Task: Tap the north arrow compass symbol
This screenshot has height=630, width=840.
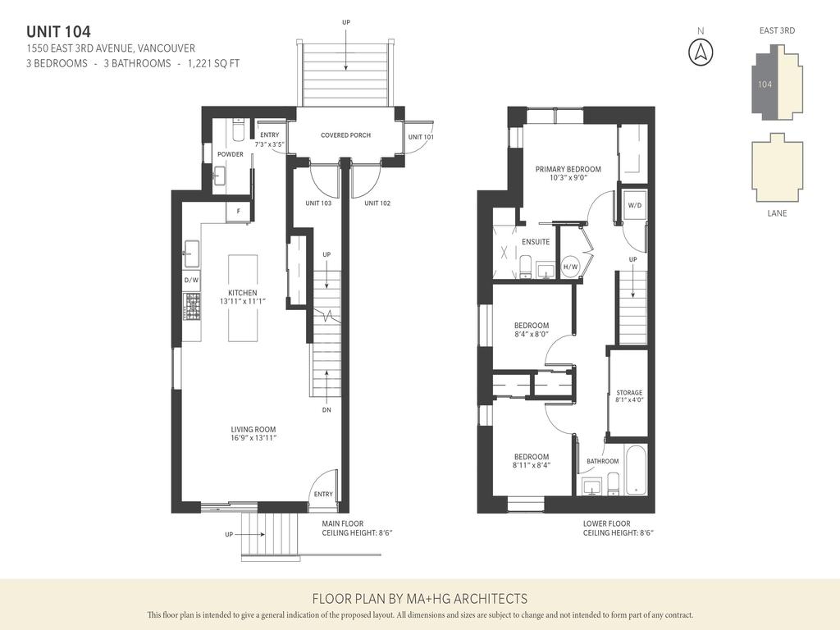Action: [700, 51]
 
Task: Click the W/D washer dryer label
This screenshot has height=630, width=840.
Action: [634, 206]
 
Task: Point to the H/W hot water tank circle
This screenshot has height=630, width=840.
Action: [570, 267]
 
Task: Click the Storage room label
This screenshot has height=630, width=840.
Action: [629, 393]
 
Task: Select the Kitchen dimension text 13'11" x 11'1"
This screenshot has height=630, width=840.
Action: [243, 302]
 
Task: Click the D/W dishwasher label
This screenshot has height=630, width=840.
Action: [191, 281]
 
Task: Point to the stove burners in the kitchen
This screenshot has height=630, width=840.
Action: [191, 308]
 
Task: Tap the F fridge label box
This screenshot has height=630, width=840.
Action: [239, 211]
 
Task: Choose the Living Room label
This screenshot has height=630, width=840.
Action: [253, 429]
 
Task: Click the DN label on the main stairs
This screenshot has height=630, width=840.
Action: [326, 409]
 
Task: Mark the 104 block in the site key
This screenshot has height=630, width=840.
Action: [765, 84]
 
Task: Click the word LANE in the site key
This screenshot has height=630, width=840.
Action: [776, 213]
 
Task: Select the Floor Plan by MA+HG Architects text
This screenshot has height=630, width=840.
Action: [419, 599]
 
